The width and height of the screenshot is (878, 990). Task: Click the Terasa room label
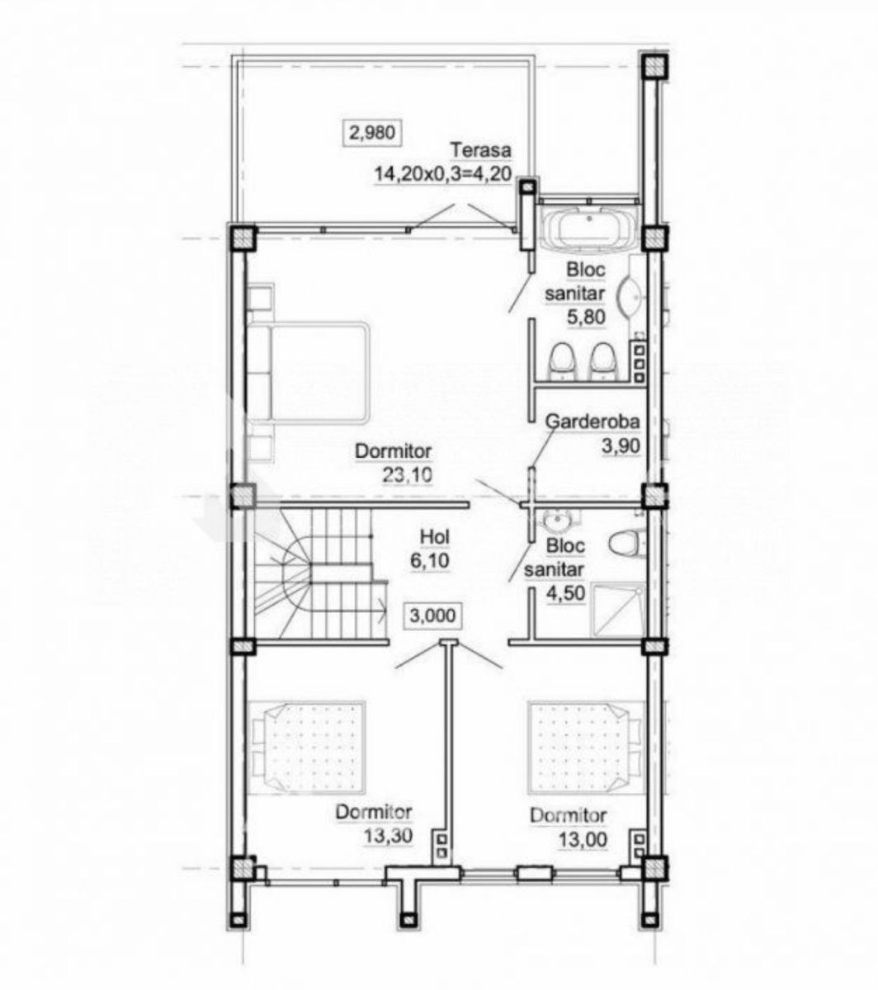tap(480, 150)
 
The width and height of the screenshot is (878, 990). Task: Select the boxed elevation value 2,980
tap(371, 133)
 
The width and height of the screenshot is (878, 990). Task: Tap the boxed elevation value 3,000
tap(432, 615)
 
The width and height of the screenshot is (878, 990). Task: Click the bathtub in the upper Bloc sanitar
tap(590, 226)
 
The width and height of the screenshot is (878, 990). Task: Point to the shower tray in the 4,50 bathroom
tap(618, 610)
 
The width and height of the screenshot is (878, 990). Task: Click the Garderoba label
tap(592, 421)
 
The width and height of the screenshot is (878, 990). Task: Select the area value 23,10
tap(407, 474)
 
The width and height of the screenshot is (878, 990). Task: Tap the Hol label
tap(435, 537)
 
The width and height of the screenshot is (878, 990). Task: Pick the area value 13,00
tap(583, 840)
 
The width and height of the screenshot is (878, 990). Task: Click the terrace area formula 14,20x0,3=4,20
tap(443, 173)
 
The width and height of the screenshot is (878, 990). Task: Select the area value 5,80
tap(586, 317)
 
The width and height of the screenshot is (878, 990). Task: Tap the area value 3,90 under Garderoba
tap(621, 445)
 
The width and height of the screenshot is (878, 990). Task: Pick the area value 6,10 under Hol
tap(430, 560)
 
